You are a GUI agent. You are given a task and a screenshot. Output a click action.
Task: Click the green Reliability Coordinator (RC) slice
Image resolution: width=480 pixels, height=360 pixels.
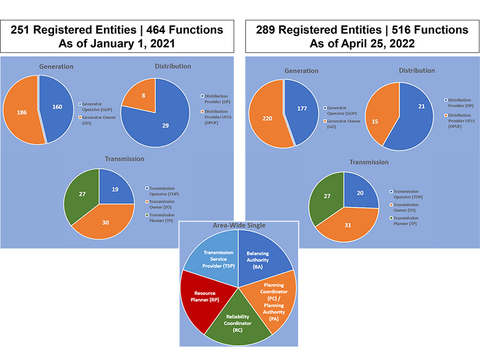[238, 322]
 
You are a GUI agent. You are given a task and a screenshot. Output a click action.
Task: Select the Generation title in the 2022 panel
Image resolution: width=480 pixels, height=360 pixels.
[301, 71]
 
